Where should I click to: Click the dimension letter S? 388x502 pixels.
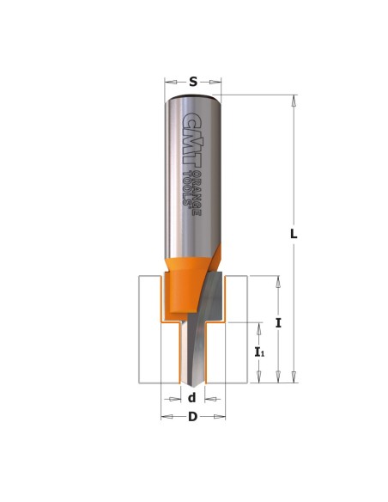(x=193, y=82)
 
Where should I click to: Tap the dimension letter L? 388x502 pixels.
(x=294, y=235)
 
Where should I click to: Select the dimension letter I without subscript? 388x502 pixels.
(x=278, y=323)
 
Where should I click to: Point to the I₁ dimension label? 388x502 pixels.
(x=259, y=352)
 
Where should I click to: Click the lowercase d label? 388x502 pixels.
(x=191, y=398)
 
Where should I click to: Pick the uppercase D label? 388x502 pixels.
(x=193, y=417)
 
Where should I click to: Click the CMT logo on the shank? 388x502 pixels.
(x=191, y=139)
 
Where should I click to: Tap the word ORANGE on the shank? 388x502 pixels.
(x=197, y=193)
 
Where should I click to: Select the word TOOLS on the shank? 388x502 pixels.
(x=186, y=189)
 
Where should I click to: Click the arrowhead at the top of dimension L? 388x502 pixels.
(x=294, y=101)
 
